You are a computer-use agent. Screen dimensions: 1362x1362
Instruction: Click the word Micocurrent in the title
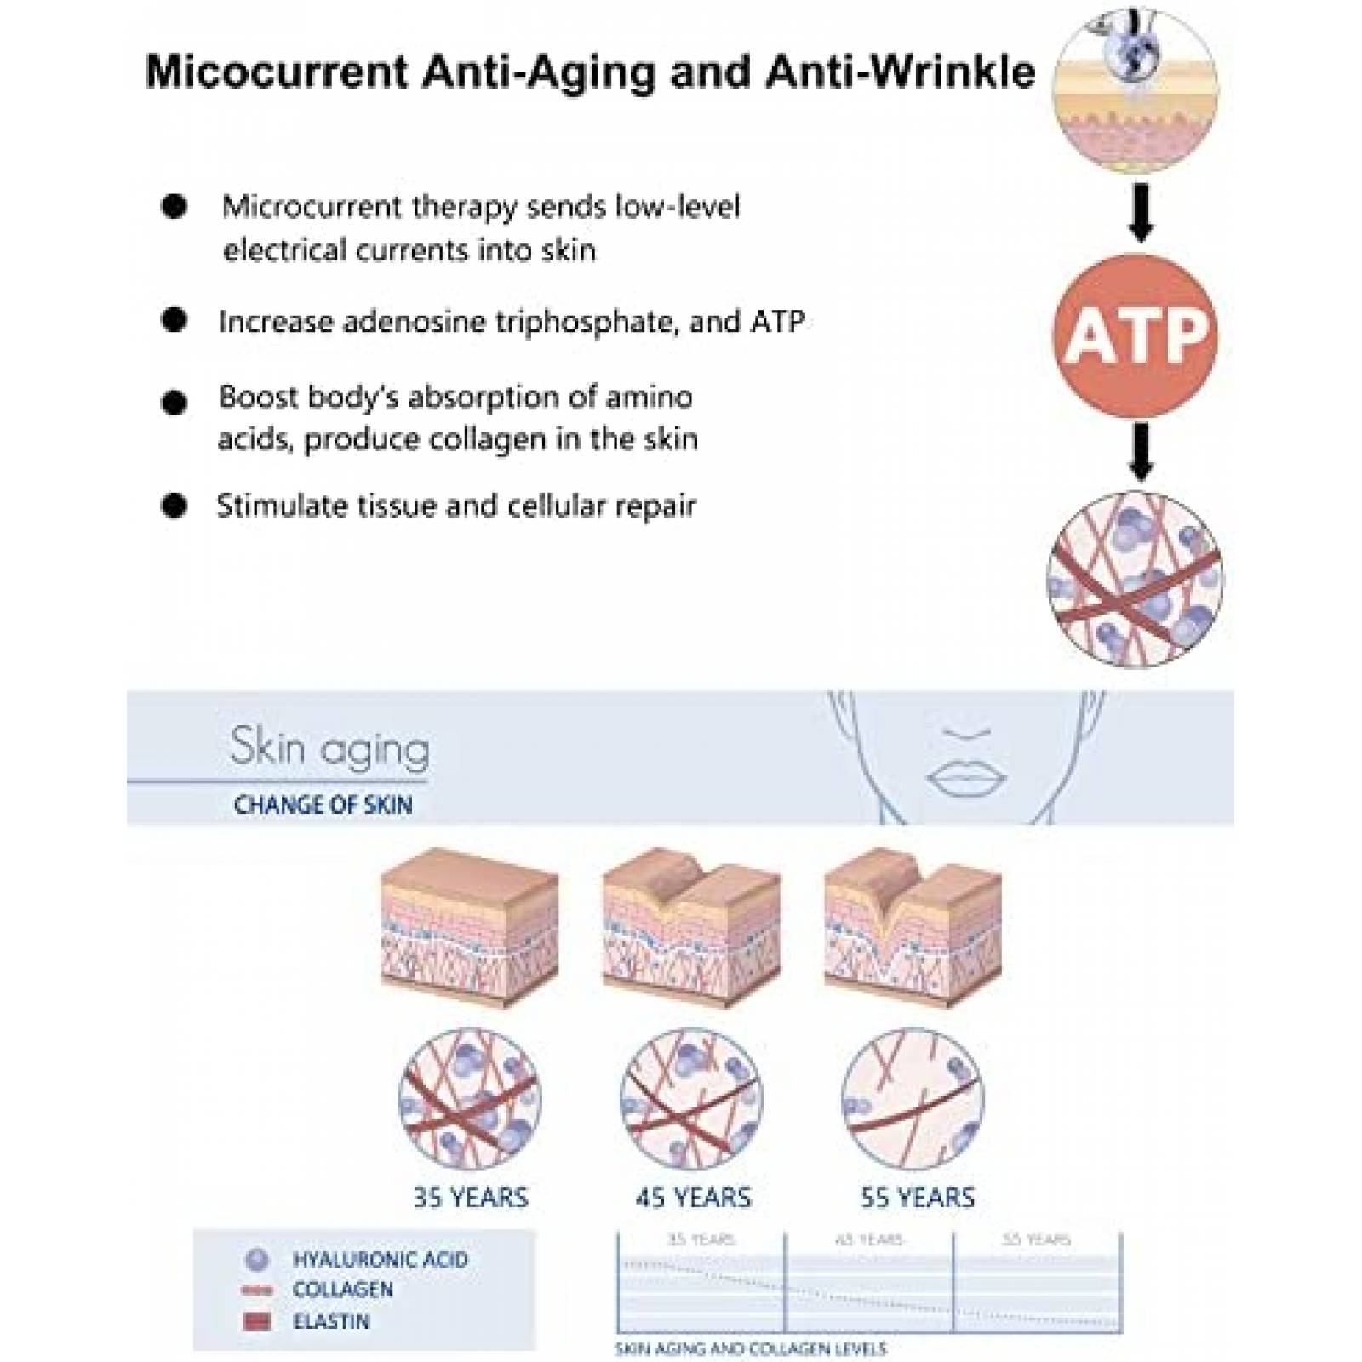click(x=278, y=72)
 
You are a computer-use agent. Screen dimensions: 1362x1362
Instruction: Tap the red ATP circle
click(x=1136, y=335)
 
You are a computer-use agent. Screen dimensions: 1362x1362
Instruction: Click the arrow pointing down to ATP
click(x=1141, y=213)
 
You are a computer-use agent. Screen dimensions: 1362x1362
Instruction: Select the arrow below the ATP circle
click(x=1141, y=451)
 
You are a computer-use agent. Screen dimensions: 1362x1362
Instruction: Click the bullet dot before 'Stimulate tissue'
click(x=174, y=506)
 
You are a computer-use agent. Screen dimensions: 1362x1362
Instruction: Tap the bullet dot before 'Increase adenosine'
click(x=174, y=320)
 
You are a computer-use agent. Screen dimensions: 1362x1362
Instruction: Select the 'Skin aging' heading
click(x=329, y=748)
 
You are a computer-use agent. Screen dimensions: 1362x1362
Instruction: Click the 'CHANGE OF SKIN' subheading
click(x=323, y=804)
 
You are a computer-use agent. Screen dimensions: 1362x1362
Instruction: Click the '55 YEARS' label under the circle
click(x=917, y=1198)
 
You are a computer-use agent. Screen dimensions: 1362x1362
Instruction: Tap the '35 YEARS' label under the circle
click(x=471, y=1198)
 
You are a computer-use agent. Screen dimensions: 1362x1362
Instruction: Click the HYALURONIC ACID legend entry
click(x=380, y=1259)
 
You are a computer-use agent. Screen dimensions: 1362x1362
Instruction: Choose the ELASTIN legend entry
click(x=331, y=1321)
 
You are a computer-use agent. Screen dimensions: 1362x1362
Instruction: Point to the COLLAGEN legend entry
click(x=343, y=1290)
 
